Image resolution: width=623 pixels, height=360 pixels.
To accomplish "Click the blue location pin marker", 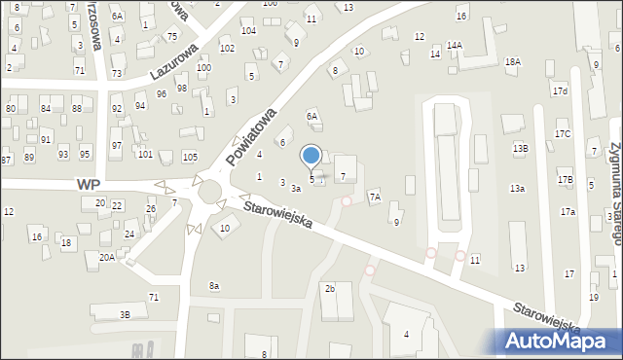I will click(311, 156).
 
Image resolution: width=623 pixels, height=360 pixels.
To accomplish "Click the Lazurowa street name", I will click(174, 60).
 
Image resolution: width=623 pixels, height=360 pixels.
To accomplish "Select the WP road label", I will click(89, 184).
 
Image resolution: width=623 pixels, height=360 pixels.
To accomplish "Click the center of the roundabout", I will click(209, 193).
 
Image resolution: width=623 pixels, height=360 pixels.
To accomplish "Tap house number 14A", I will click(455, 46).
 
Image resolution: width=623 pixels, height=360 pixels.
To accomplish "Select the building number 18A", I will click(513, 62).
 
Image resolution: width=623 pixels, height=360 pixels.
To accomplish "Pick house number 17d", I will click(560, 91).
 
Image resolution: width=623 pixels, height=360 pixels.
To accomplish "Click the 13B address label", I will click(521, 148).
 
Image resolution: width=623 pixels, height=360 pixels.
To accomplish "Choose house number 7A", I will click(374, 197).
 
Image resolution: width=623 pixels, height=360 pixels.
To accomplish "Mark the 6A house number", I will click(312, 116).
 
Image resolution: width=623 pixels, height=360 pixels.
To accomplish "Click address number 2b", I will click(330, 289).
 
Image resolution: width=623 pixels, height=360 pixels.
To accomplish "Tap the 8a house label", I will click(214, 285).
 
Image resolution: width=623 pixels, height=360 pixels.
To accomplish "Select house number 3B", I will click(125, 314).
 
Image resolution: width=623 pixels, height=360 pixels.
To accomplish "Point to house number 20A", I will click(106, 257).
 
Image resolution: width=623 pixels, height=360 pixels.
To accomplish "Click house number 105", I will click(190, 157).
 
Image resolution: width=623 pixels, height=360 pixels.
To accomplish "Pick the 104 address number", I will click(249, 31).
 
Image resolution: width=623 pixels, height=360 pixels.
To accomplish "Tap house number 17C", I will click(563, 133).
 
